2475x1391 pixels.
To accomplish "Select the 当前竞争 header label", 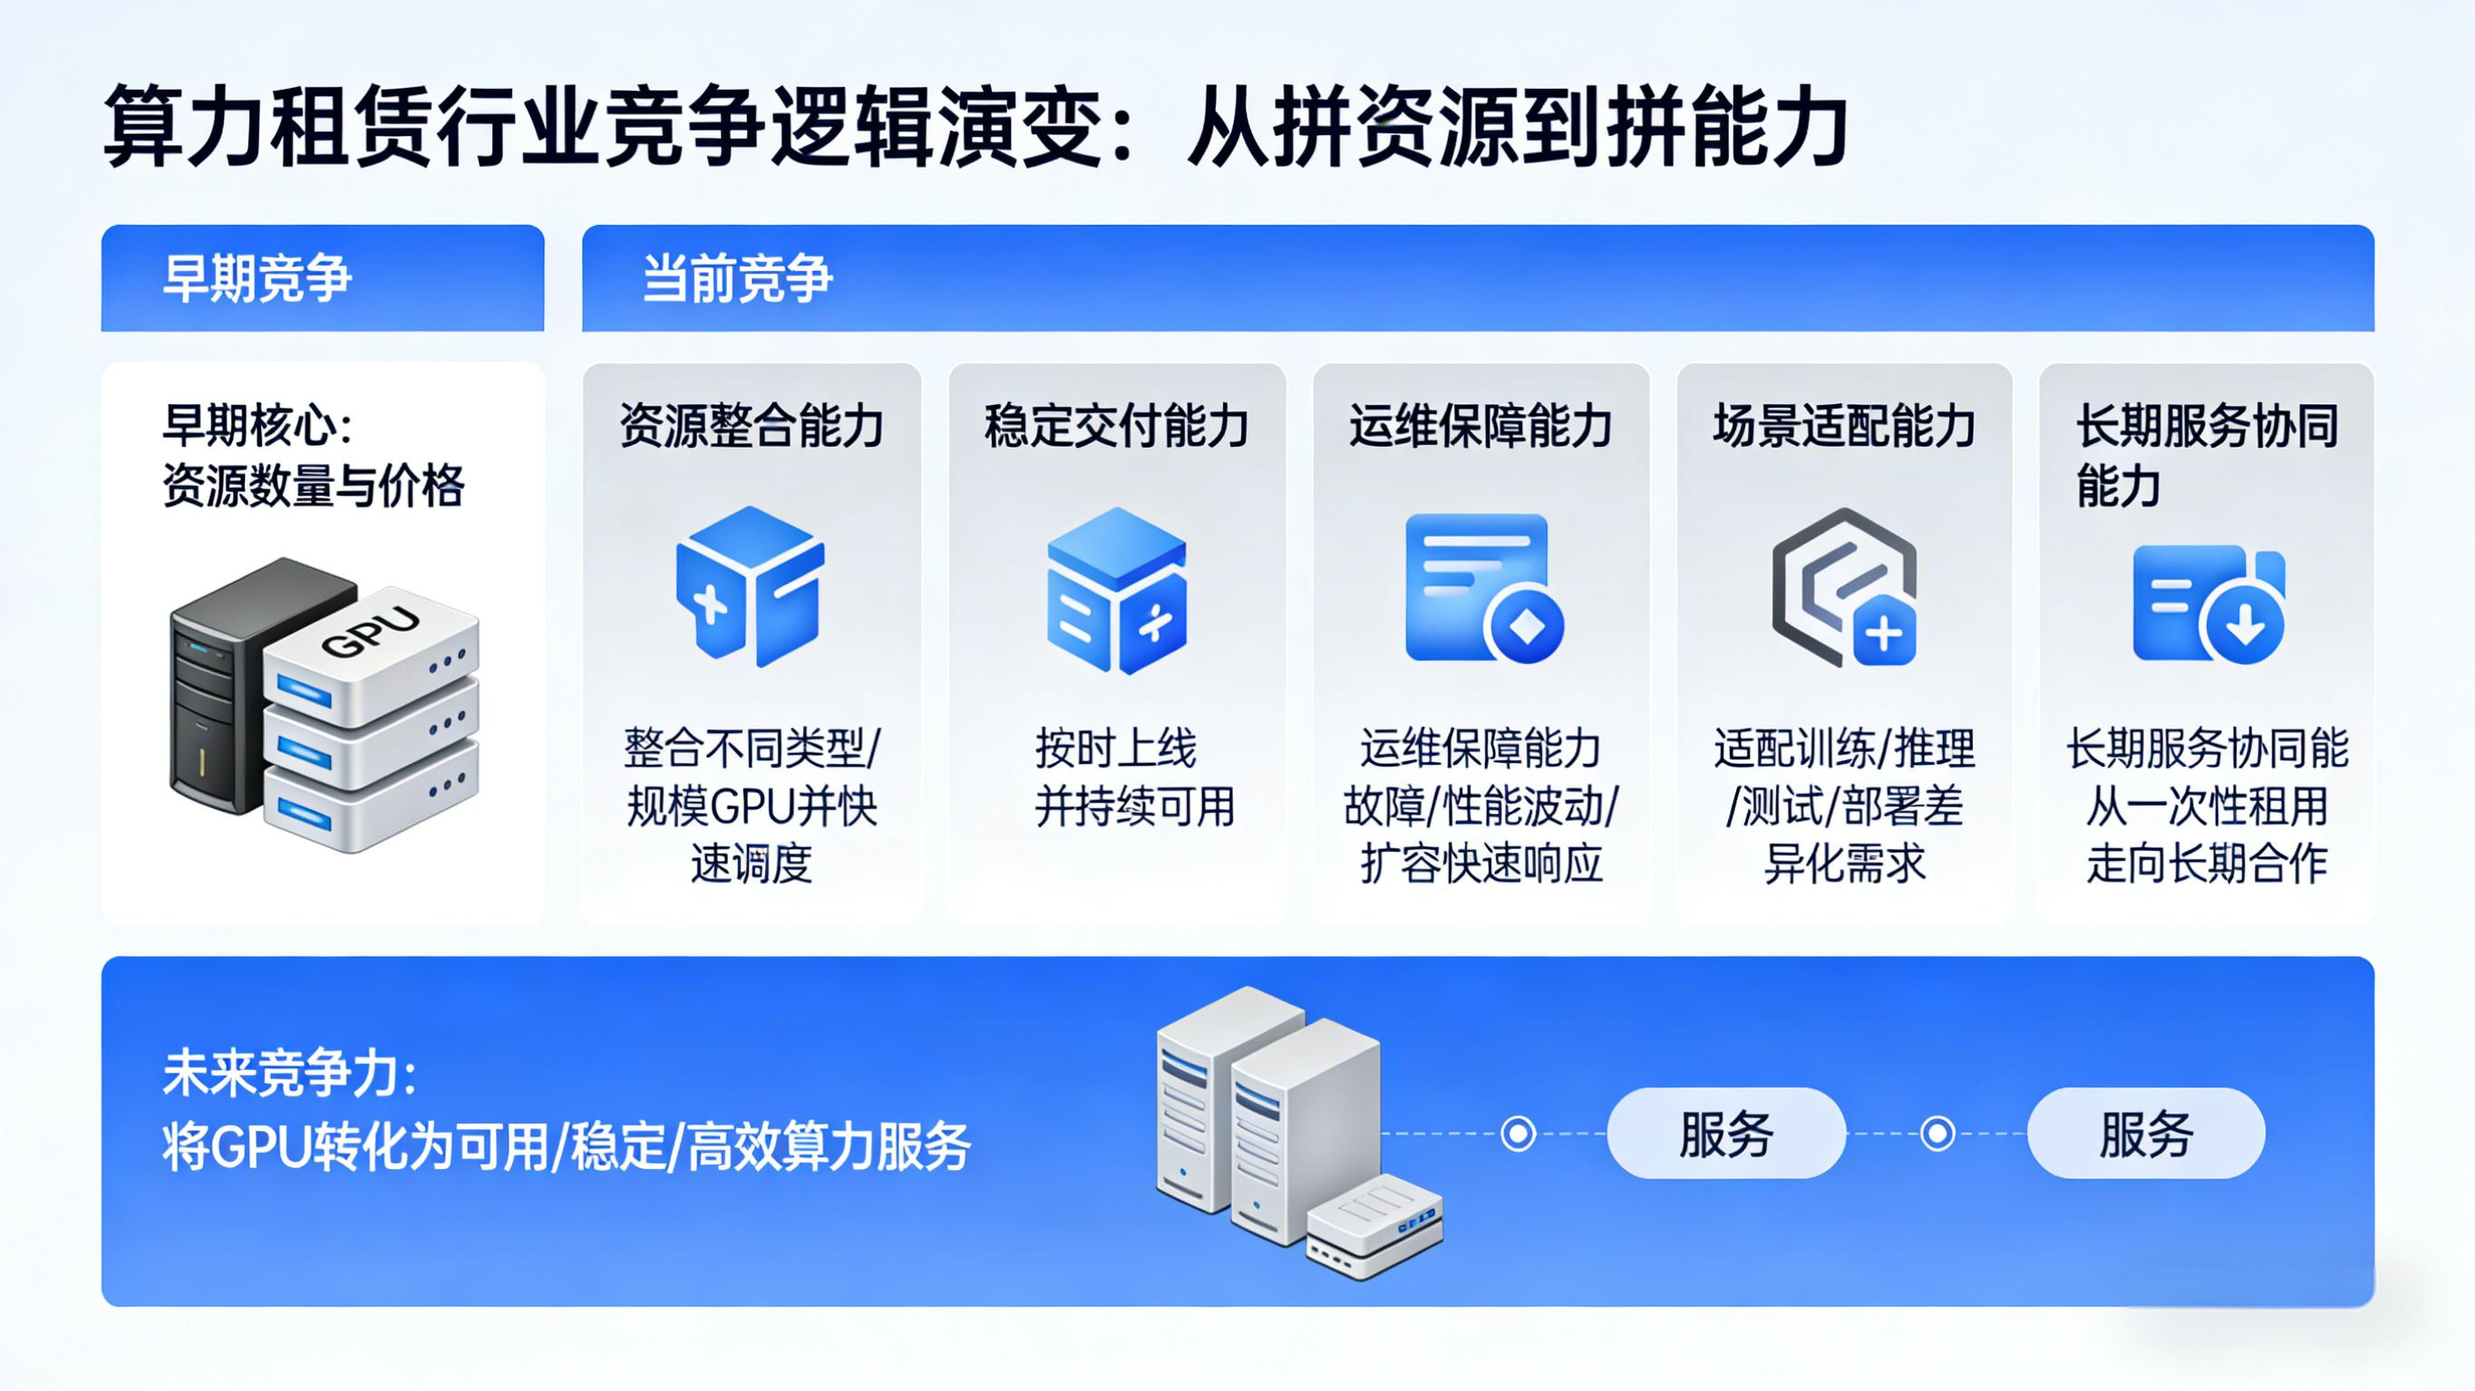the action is click(x=737, y=278).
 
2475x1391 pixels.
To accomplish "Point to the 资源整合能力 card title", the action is click(x=752, y=426).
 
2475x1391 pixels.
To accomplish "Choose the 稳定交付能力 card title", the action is click(x=1116, y=426).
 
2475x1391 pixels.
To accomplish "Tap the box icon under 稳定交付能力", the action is click(x=1116, y=591).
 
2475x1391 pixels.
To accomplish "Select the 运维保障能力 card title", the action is click(x=1480, y=426).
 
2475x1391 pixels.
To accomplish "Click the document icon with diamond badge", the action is click(x=1482, y=589).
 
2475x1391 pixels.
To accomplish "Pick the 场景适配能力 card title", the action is click(x=1844, y=426).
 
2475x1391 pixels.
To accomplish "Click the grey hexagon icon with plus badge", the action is click(x=1844, y=588).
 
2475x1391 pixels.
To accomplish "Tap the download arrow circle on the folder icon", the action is click(x=2245, y=624).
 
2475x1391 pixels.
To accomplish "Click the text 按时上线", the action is click(x=1116, y=749).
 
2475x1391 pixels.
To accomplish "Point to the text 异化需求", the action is click(x=1844, y=863).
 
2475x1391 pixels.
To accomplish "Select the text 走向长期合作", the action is click(x=2207, y=863).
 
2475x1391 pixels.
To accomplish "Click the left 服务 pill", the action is click(x=1726, y=1134).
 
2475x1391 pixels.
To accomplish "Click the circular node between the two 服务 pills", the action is click(x=1937, y=1134).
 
